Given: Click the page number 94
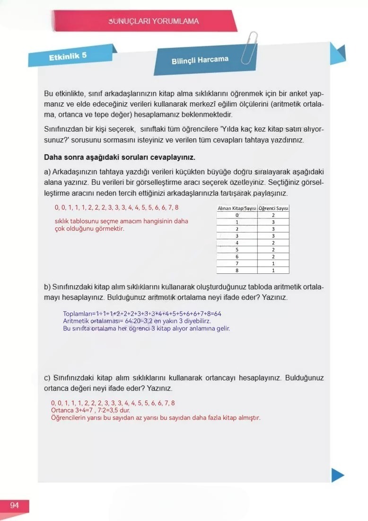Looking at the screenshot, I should pos(14,506).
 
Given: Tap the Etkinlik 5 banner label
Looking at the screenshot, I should pos(68,56).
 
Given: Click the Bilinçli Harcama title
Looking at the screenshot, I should pos(200,60).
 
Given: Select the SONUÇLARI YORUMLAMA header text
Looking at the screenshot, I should pos(153,21).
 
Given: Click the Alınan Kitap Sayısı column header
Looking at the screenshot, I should pos(237,208).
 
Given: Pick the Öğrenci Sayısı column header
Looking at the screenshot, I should pos(273,208).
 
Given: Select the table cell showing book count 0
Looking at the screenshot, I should pos(237,215).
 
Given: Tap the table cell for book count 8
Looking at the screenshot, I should pos(237,270).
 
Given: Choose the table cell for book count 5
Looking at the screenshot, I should pos(237,249).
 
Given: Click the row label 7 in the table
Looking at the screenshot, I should pos(237,263).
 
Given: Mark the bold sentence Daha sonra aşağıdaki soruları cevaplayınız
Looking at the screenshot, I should pos(119,157).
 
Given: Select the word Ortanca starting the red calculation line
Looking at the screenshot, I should pos(62,410).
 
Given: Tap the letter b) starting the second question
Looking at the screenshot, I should pos(47,287).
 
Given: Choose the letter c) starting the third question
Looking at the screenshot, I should pos(47,378).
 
